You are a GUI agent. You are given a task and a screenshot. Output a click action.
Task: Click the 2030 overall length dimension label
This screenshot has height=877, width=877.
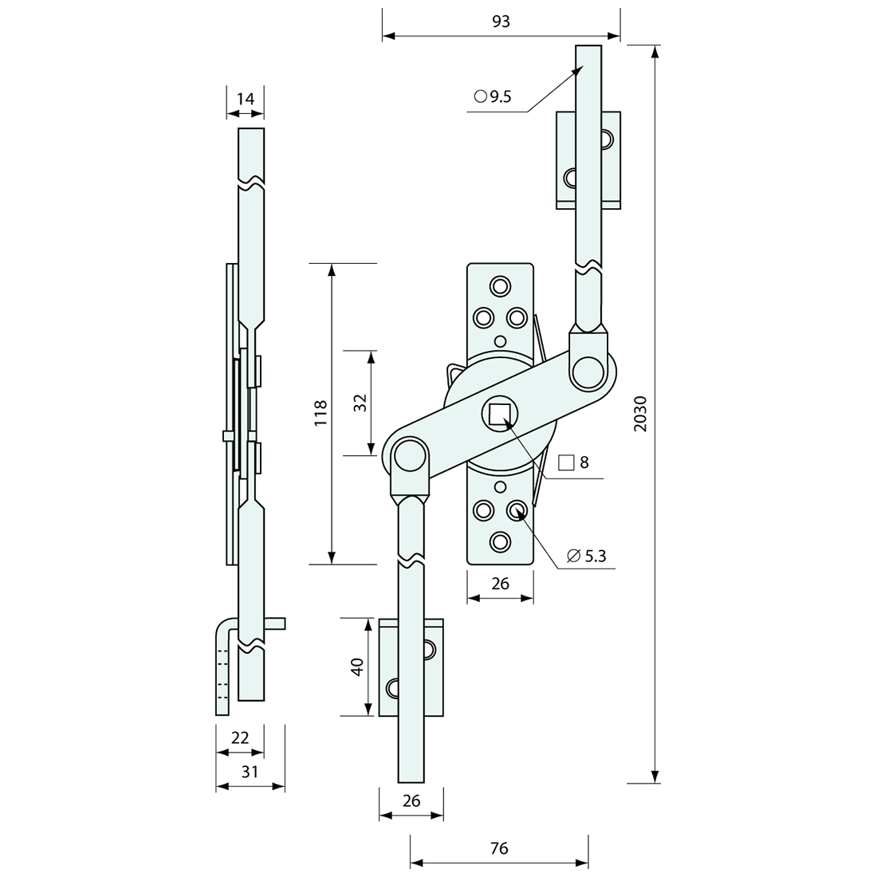641,414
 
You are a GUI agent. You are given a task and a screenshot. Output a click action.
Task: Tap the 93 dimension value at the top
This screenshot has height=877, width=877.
501,22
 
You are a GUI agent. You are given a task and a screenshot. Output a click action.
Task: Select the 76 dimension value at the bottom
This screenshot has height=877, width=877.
499,848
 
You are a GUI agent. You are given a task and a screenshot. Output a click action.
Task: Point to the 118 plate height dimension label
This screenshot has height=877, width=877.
321,413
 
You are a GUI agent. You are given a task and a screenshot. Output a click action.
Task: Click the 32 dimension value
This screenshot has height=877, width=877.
360,403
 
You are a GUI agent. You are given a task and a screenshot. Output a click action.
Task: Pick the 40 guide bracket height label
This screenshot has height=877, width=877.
357,667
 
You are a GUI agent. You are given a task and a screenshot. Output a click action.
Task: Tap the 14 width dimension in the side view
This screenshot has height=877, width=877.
245,99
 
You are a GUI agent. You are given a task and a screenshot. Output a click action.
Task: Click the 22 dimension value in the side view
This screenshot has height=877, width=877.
240,737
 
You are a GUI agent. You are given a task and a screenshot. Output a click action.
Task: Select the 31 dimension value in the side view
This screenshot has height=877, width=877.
250,772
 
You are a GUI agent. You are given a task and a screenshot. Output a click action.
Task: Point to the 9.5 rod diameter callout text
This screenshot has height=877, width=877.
493,96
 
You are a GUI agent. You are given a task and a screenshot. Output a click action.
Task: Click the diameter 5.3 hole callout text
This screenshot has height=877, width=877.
586,556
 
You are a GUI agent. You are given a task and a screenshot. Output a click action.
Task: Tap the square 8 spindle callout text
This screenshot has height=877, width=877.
574,462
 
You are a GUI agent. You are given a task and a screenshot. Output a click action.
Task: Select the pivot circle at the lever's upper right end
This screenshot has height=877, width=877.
588,371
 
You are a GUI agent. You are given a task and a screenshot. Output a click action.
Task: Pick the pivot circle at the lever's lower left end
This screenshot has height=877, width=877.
410,456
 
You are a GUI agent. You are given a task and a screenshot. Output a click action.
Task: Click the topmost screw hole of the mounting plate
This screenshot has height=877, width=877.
500,286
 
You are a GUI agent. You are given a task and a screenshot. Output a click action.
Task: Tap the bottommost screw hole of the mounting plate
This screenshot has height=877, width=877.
500,541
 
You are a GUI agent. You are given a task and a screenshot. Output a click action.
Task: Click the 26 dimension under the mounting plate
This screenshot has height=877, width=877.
500,584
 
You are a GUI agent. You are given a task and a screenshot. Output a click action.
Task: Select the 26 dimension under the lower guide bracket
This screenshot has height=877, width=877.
411,801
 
